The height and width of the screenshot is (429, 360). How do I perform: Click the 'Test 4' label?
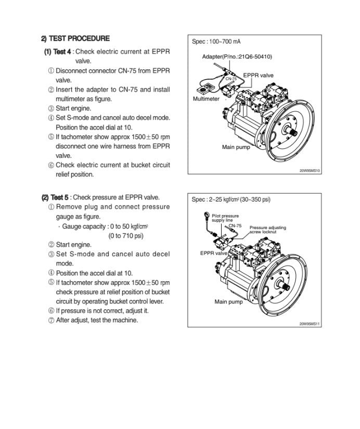(x=57, y=52)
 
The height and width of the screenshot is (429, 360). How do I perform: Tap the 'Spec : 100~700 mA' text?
(x=216, y=42)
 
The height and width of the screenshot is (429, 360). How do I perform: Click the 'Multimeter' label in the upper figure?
(x=207, y=99)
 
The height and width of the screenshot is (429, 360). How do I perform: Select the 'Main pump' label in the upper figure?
(x=236, y=147)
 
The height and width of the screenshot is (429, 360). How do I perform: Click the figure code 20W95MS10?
(x=310, y=170)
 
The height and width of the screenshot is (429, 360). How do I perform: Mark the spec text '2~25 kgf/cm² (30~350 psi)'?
(x=238, y=199)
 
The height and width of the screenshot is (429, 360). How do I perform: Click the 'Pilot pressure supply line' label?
(x=225, y=218)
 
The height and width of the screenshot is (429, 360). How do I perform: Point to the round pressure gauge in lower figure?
(x=207, y=215)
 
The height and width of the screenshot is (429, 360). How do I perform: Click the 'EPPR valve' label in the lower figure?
(x=214, y=254)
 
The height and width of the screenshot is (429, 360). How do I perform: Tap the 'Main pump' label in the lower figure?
(x=228, y=302)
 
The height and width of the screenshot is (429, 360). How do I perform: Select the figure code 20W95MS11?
(x=310, y=324)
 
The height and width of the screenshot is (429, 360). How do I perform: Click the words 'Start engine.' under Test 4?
(x=73, y=108)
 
